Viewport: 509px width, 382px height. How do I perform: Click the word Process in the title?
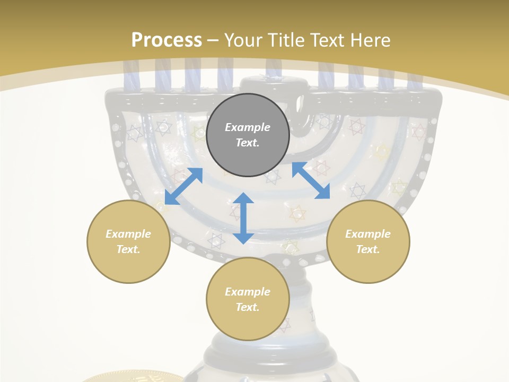[166, 40]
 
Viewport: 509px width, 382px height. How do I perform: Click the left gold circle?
[128, 241]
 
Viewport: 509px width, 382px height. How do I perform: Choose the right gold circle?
[368, 241]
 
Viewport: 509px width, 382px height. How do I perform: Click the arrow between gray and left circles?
[183, 186]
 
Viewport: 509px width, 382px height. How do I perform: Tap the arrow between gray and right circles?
[311, 180]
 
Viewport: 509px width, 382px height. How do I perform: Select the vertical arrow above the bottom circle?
[243, 218]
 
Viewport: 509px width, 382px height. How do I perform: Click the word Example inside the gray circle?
[248, 127]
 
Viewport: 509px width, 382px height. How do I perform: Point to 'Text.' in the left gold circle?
[128, 249]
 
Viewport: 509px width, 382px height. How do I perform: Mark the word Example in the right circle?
[368, 234]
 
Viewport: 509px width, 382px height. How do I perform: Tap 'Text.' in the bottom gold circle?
[248, 307]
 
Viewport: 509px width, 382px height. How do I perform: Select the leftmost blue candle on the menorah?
[130, 74]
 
